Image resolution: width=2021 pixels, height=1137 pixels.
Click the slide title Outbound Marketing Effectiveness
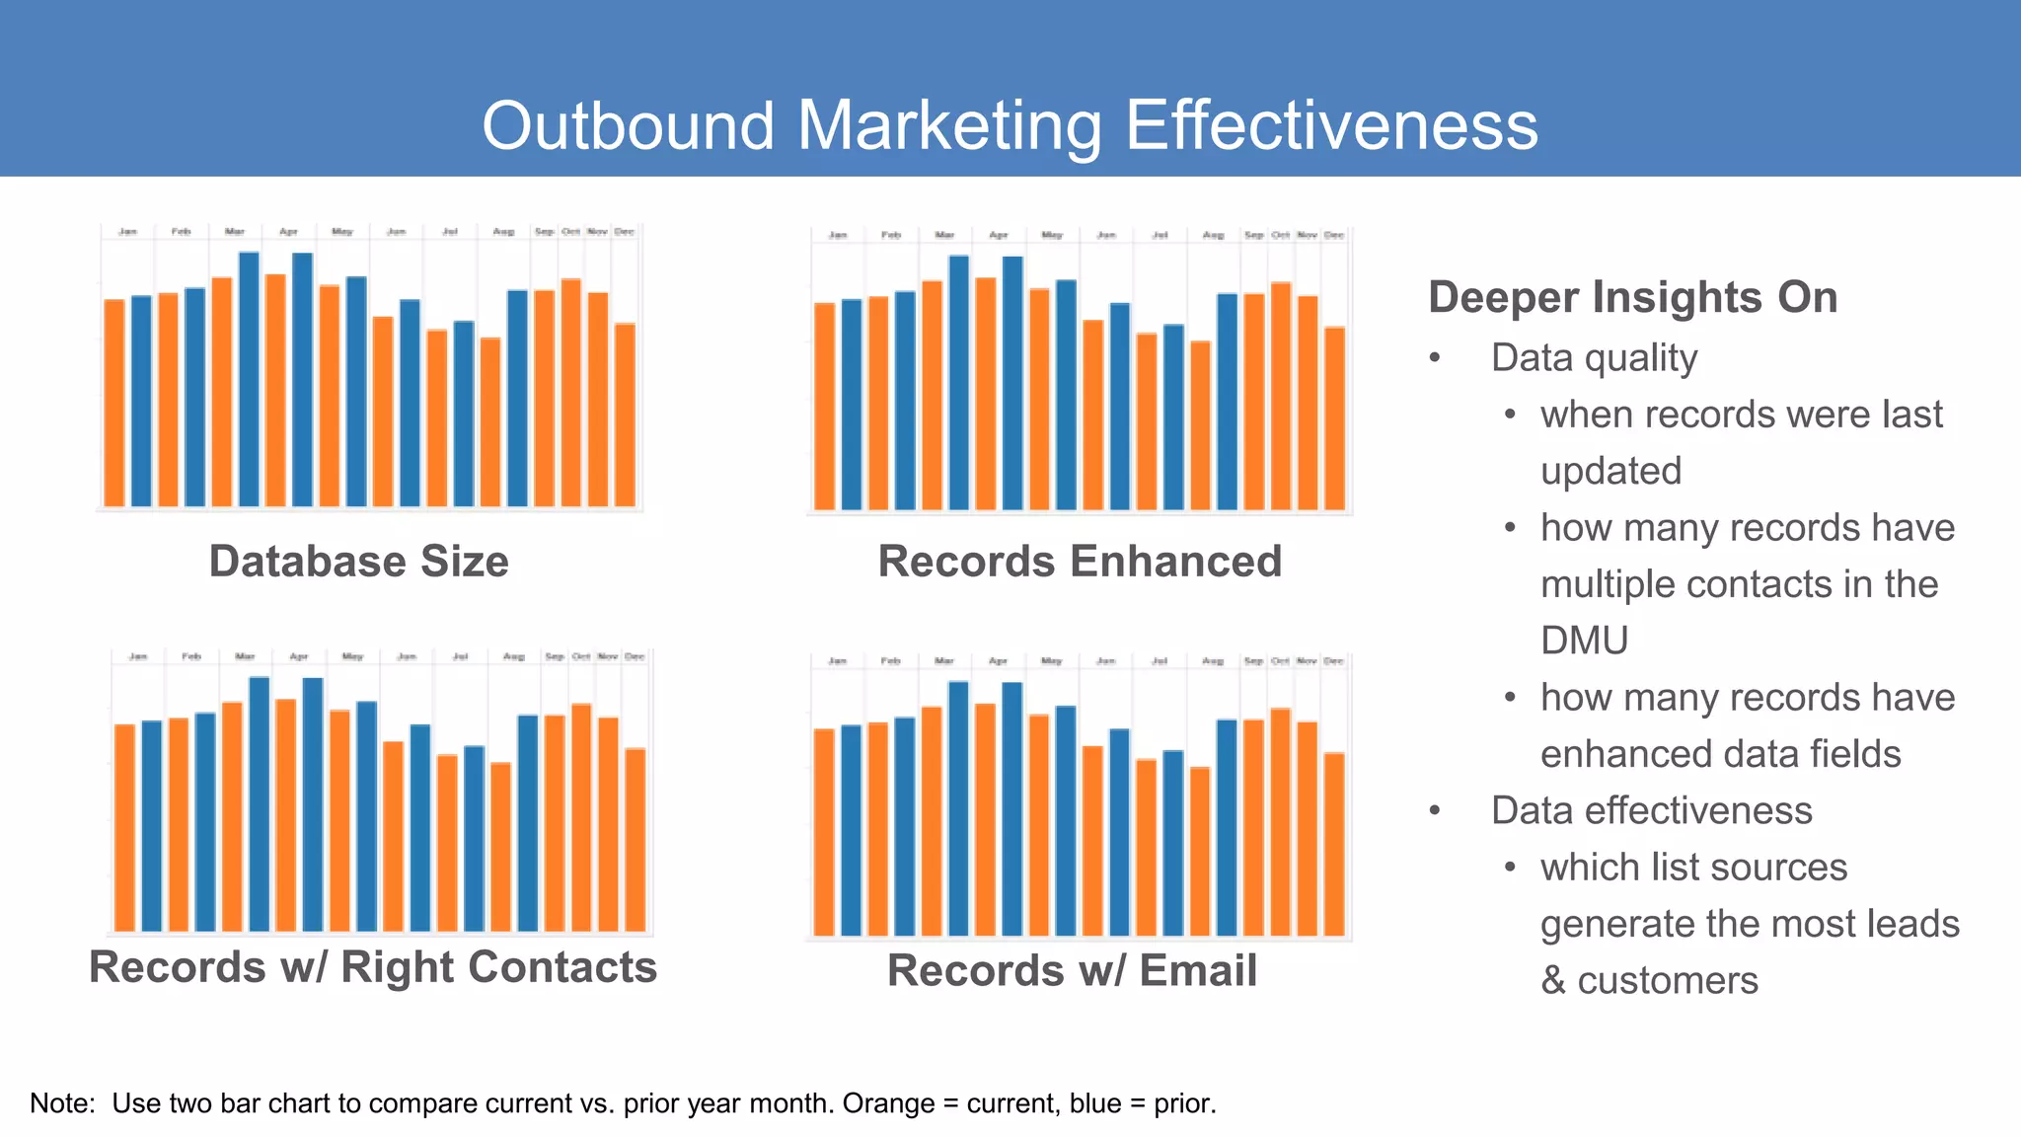click(1010, 125)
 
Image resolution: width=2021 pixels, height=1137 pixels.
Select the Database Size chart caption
click(358, 562)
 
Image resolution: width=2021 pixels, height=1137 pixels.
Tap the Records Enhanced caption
click(1080, 562)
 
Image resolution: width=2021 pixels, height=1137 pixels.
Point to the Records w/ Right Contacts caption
click(373, 967)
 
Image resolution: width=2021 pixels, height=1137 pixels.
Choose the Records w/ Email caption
click(1072, 971)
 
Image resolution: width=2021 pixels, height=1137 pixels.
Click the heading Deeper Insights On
click(1632, 297)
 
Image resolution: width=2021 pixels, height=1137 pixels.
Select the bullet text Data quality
click(1594, 358)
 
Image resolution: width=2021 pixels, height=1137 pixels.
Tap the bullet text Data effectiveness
click(1651, 810)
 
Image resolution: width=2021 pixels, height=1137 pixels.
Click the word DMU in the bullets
click(1584, 641)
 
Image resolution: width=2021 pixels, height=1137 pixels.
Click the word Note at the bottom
click(60, 1103)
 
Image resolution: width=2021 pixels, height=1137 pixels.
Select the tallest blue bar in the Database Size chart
click(249, 379)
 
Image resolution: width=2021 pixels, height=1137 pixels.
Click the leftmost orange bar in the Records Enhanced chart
click(824, 406)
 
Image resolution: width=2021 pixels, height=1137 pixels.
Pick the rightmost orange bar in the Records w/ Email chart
click(1334, 844)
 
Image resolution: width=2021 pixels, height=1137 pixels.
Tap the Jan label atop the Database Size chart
click(127, 232)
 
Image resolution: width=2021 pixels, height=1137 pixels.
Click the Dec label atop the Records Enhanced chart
click(1334, 235)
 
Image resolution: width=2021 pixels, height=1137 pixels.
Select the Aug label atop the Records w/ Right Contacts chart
click(514, 656)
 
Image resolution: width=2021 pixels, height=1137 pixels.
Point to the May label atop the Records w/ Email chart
click(1052, 661)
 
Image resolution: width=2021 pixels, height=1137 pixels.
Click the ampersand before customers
click(1553, 981)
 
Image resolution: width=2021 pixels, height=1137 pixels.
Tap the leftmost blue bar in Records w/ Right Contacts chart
click(151, 825)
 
